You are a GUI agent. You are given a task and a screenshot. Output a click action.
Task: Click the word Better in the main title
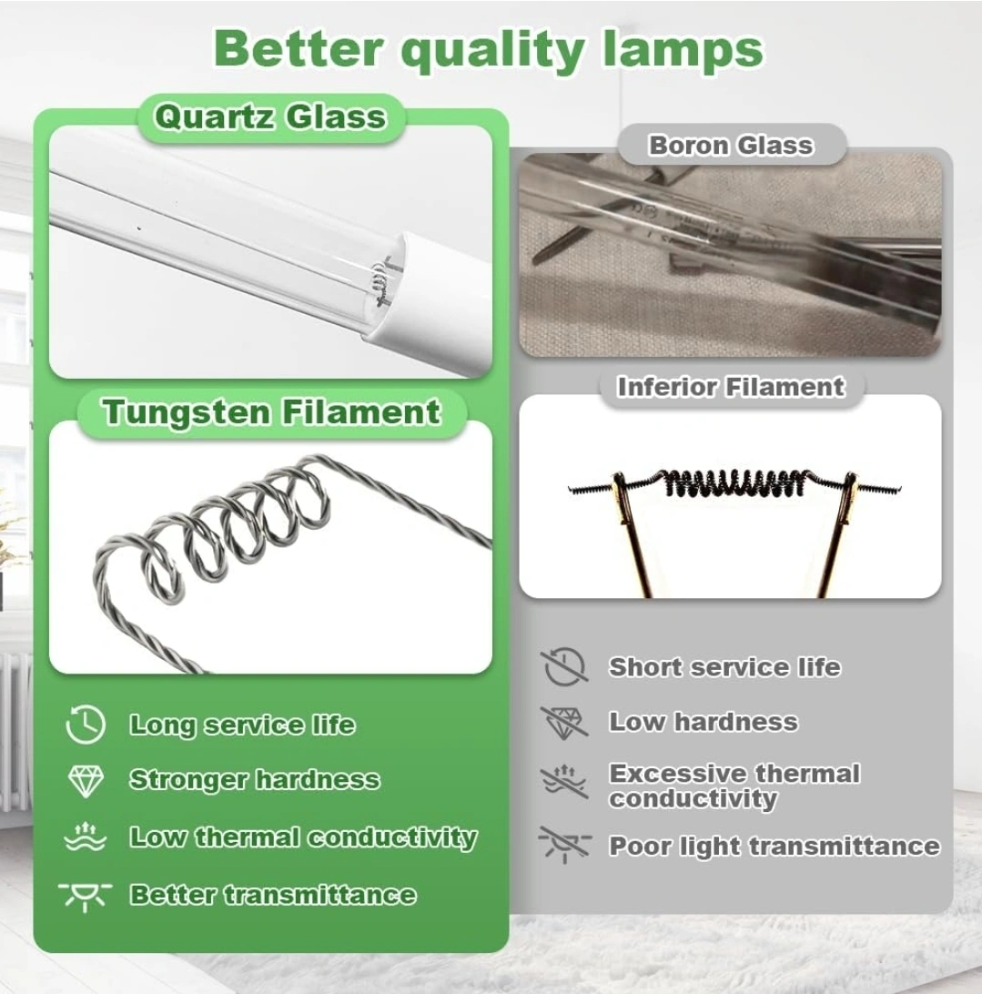[x=298, y=49]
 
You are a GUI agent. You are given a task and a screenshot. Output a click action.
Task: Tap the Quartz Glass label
[x=270, y=117]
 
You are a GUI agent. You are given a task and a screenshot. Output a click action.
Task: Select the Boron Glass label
[x=730, y=145]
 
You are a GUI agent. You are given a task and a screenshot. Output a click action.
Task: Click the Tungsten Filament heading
[x=271, y=412]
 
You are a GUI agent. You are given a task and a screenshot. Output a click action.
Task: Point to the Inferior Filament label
[x=731, y=387]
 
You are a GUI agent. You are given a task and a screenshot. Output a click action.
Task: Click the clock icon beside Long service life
[x=86, y=724]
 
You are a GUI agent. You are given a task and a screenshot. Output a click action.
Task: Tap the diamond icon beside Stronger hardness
[x=86, y=781]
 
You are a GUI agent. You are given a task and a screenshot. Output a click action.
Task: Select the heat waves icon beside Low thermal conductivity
[x=86, y=837]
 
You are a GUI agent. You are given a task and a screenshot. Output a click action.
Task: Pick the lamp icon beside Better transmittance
[x=85, y=895]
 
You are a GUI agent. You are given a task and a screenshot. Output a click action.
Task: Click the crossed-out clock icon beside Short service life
[x=564, y=667]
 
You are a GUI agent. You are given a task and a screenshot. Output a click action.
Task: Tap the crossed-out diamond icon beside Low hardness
[x=564, y=723]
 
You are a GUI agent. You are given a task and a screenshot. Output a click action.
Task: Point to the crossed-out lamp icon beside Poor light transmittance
[x=564, y=845]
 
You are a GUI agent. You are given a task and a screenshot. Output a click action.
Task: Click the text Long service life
[x=242, y=725]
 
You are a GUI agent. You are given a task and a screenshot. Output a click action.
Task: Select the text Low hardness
[x=704, y=722]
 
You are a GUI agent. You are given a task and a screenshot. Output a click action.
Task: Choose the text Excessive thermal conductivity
[x=734, y=786]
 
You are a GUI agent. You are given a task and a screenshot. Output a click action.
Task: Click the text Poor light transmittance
[x=774, y=847]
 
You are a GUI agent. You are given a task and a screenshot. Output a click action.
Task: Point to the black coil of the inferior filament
[x=735, y=483]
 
